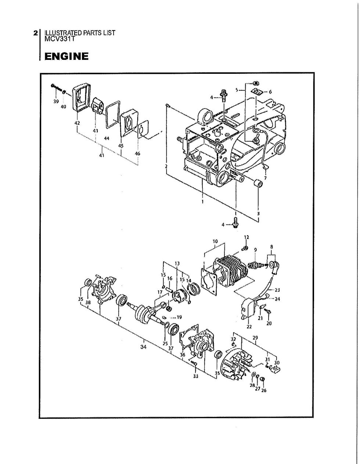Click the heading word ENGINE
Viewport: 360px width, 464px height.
[66, 57]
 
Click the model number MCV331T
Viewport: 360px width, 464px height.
[60, 39]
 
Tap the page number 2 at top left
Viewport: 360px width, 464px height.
[36, 33]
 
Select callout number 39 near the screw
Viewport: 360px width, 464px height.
[56, 102]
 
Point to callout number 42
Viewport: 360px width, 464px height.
[77, 123]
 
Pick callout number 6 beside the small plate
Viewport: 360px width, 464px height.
[270, 92]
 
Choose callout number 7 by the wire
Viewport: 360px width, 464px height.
[265, 178]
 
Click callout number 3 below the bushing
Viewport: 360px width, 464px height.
[258, 213]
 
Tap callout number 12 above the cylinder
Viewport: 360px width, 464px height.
[246, 237]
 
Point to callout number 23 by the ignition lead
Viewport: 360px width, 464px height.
[277, 290]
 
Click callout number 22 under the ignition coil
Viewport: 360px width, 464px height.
[249, 326]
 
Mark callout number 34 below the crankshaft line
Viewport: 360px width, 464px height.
[143, 347]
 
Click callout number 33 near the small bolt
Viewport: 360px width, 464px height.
[195, 376]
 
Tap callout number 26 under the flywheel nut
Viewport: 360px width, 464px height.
[264, 391]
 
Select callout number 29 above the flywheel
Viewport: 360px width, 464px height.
[255, 338]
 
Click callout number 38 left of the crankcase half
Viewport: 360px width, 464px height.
[88, 302]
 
